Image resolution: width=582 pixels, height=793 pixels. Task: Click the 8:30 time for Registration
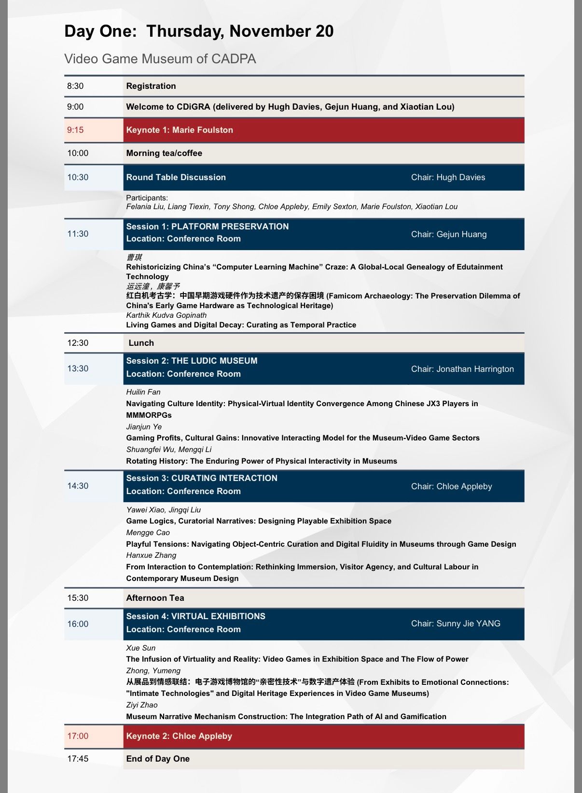click(x=75, y=86)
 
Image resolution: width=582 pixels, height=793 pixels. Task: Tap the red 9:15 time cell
click(x=75, y=130)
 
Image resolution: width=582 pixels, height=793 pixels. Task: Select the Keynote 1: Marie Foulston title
click(x=180, y=130)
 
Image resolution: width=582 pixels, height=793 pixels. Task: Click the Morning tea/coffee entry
click(x=164, y=153)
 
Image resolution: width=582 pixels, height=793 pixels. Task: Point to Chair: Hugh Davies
click(x=448, y=177)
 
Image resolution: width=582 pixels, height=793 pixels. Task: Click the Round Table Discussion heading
click(x=176, y=177)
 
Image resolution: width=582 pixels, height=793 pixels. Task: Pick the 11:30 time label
click(x=78, y=234)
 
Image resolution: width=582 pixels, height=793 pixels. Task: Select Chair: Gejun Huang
click(x=449, y=234)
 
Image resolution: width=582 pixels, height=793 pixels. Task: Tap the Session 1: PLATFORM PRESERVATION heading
click(x=208, y=227)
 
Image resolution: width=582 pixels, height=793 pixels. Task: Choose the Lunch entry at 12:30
click(x=141, y=343)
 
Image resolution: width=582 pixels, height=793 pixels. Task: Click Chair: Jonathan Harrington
click(x=462, y=369)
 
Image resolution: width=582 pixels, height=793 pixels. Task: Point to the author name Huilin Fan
click(x=143, y=392)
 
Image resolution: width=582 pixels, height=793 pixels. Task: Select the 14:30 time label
click(x=78, y=486)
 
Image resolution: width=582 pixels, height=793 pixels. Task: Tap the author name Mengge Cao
click(x=148, y=533)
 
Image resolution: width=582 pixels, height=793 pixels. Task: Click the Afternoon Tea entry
click(x=155, y=598)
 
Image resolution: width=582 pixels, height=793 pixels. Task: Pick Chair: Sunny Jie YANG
click(x=456, y=623)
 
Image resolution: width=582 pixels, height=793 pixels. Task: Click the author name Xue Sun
click(x=141, y=648)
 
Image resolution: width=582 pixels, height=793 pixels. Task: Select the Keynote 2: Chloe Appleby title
click(x=179, y=736)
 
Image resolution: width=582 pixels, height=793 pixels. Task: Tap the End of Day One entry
click(x=158, y=759)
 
